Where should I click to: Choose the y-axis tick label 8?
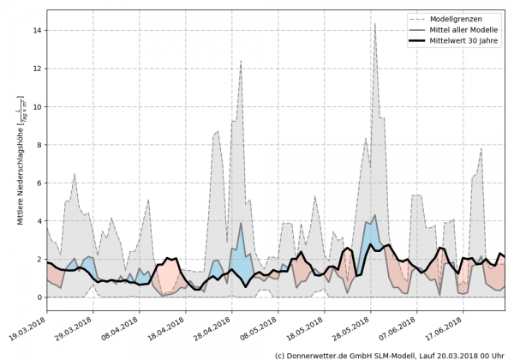[39, 145]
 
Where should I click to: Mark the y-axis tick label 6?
[39, 183]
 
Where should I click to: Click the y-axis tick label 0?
[39, 297]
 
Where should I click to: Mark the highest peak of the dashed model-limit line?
[374, 24]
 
